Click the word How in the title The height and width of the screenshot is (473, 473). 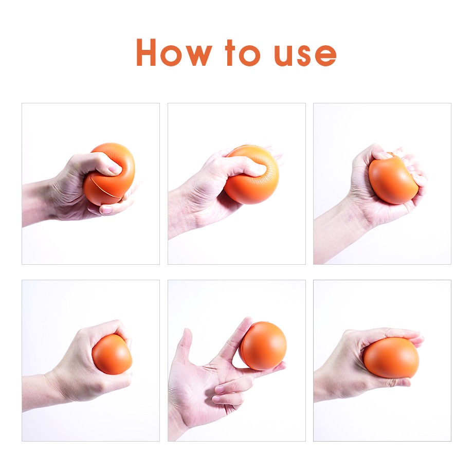click(173, 52)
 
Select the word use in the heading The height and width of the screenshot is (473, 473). click(305, 53)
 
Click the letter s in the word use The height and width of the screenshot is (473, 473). click(305, 55)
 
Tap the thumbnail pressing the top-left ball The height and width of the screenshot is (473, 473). click(114, 169)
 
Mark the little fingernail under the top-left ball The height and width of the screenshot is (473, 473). click(106, 209)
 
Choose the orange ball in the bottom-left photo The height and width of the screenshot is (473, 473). click(112, 355)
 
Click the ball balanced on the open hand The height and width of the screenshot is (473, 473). click(263, 345)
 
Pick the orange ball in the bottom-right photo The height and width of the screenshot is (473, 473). click(391, 357)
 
